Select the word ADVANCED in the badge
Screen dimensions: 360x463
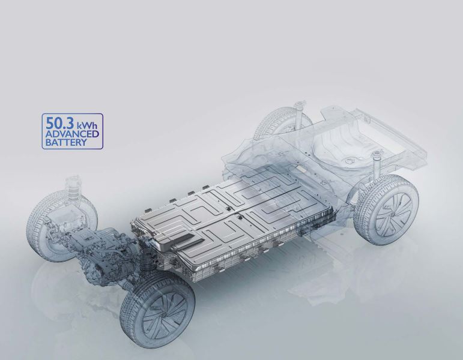pos(72,134)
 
